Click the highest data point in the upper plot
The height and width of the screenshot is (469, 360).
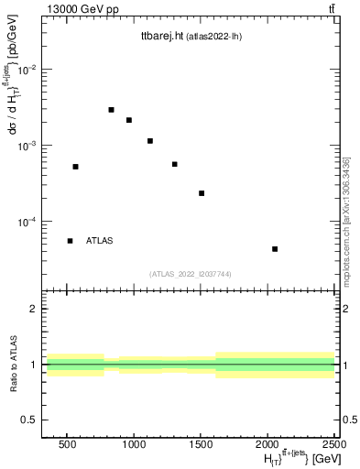[111, 110]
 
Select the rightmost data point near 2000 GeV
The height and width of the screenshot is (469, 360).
[275, 249]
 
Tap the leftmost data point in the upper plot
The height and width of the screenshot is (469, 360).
[75, 167]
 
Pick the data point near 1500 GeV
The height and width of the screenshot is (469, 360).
[202, 193]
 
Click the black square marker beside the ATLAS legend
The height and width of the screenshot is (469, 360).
[70, 241]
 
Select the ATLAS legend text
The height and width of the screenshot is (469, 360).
[99, 241]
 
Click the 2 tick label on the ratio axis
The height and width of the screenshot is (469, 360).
[32, 309]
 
